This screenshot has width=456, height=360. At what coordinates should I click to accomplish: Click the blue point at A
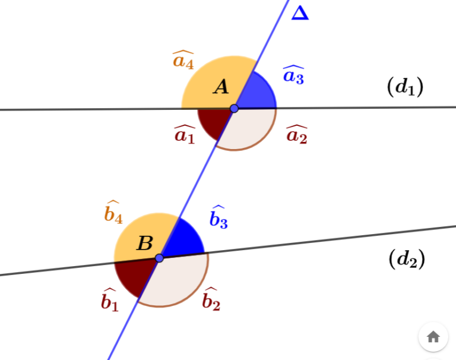tap(234, 108)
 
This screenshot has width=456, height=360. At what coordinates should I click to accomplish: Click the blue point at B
tap(159, 258)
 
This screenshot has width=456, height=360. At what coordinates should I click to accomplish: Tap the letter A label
tap(221, 87)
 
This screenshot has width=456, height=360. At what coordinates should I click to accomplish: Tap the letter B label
tap(144, 243)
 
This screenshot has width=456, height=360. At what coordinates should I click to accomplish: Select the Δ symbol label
tap(300, 12)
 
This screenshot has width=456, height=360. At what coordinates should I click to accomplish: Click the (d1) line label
tap(405, 87)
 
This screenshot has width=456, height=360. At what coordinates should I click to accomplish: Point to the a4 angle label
tap(183, 60)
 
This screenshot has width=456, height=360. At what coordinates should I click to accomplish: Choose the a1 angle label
tap(185, 135)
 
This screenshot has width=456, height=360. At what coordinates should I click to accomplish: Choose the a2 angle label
tap(296, 135)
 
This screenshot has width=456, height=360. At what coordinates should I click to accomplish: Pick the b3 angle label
tap(218, 218)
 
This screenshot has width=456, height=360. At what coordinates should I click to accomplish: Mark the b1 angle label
tap(109, 302)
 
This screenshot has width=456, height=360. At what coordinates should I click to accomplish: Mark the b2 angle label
tap(211, 300)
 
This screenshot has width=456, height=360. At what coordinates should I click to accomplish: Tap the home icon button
tap(433, 337)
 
